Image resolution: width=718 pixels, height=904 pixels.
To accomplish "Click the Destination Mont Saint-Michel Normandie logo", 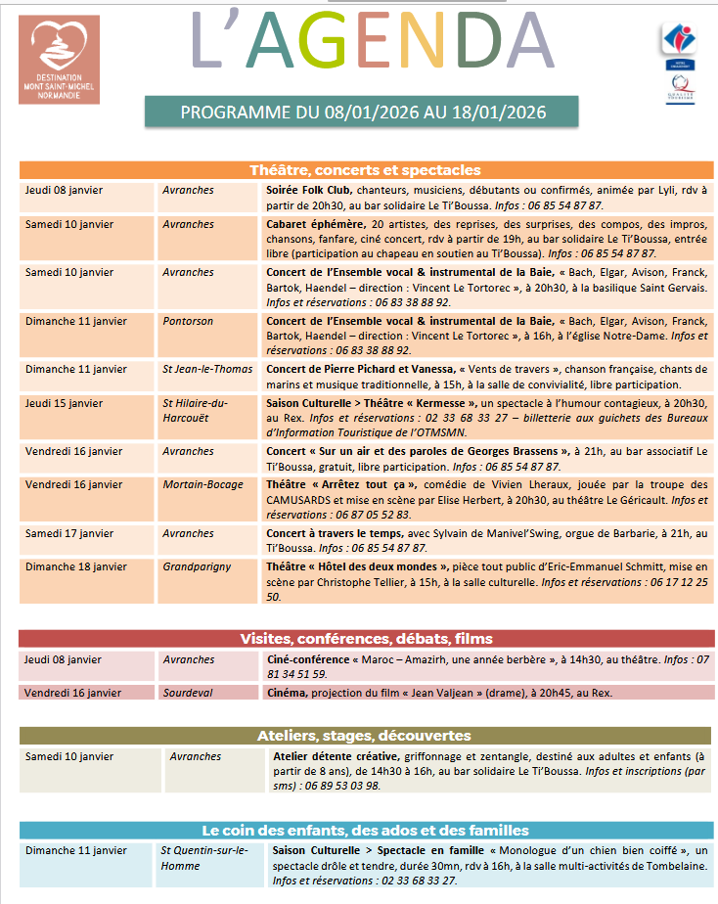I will [66, 60].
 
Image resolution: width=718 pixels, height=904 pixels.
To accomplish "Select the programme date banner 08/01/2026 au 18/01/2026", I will [362, 112].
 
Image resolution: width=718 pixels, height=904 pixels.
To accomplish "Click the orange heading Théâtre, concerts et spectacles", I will [365, 170].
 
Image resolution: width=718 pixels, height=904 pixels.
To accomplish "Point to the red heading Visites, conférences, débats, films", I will [366, 639].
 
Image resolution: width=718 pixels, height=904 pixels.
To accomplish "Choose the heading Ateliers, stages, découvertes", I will [365, 736].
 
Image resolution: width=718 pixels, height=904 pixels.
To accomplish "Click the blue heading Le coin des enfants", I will [365, 830].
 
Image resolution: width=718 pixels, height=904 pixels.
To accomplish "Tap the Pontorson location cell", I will [189, 321].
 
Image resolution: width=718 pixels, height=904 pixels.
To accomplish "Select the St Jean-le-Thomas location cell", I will [206, 369].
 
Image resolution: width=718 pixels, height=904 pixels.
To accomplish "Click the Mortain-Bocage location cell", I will [203, 484].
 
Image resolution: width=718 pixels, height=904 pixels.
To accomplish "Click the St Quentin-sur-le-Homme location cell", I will [204, 858].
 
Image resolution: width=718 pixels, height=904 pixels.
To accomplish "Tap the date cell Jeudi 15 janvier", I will [64, 403].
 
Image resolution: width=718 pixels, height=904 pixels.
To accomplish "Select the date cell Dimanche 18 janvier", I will [75, 566].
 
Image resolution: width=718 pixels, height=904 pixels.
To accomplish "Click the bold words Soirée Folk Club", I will [309, 190].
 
